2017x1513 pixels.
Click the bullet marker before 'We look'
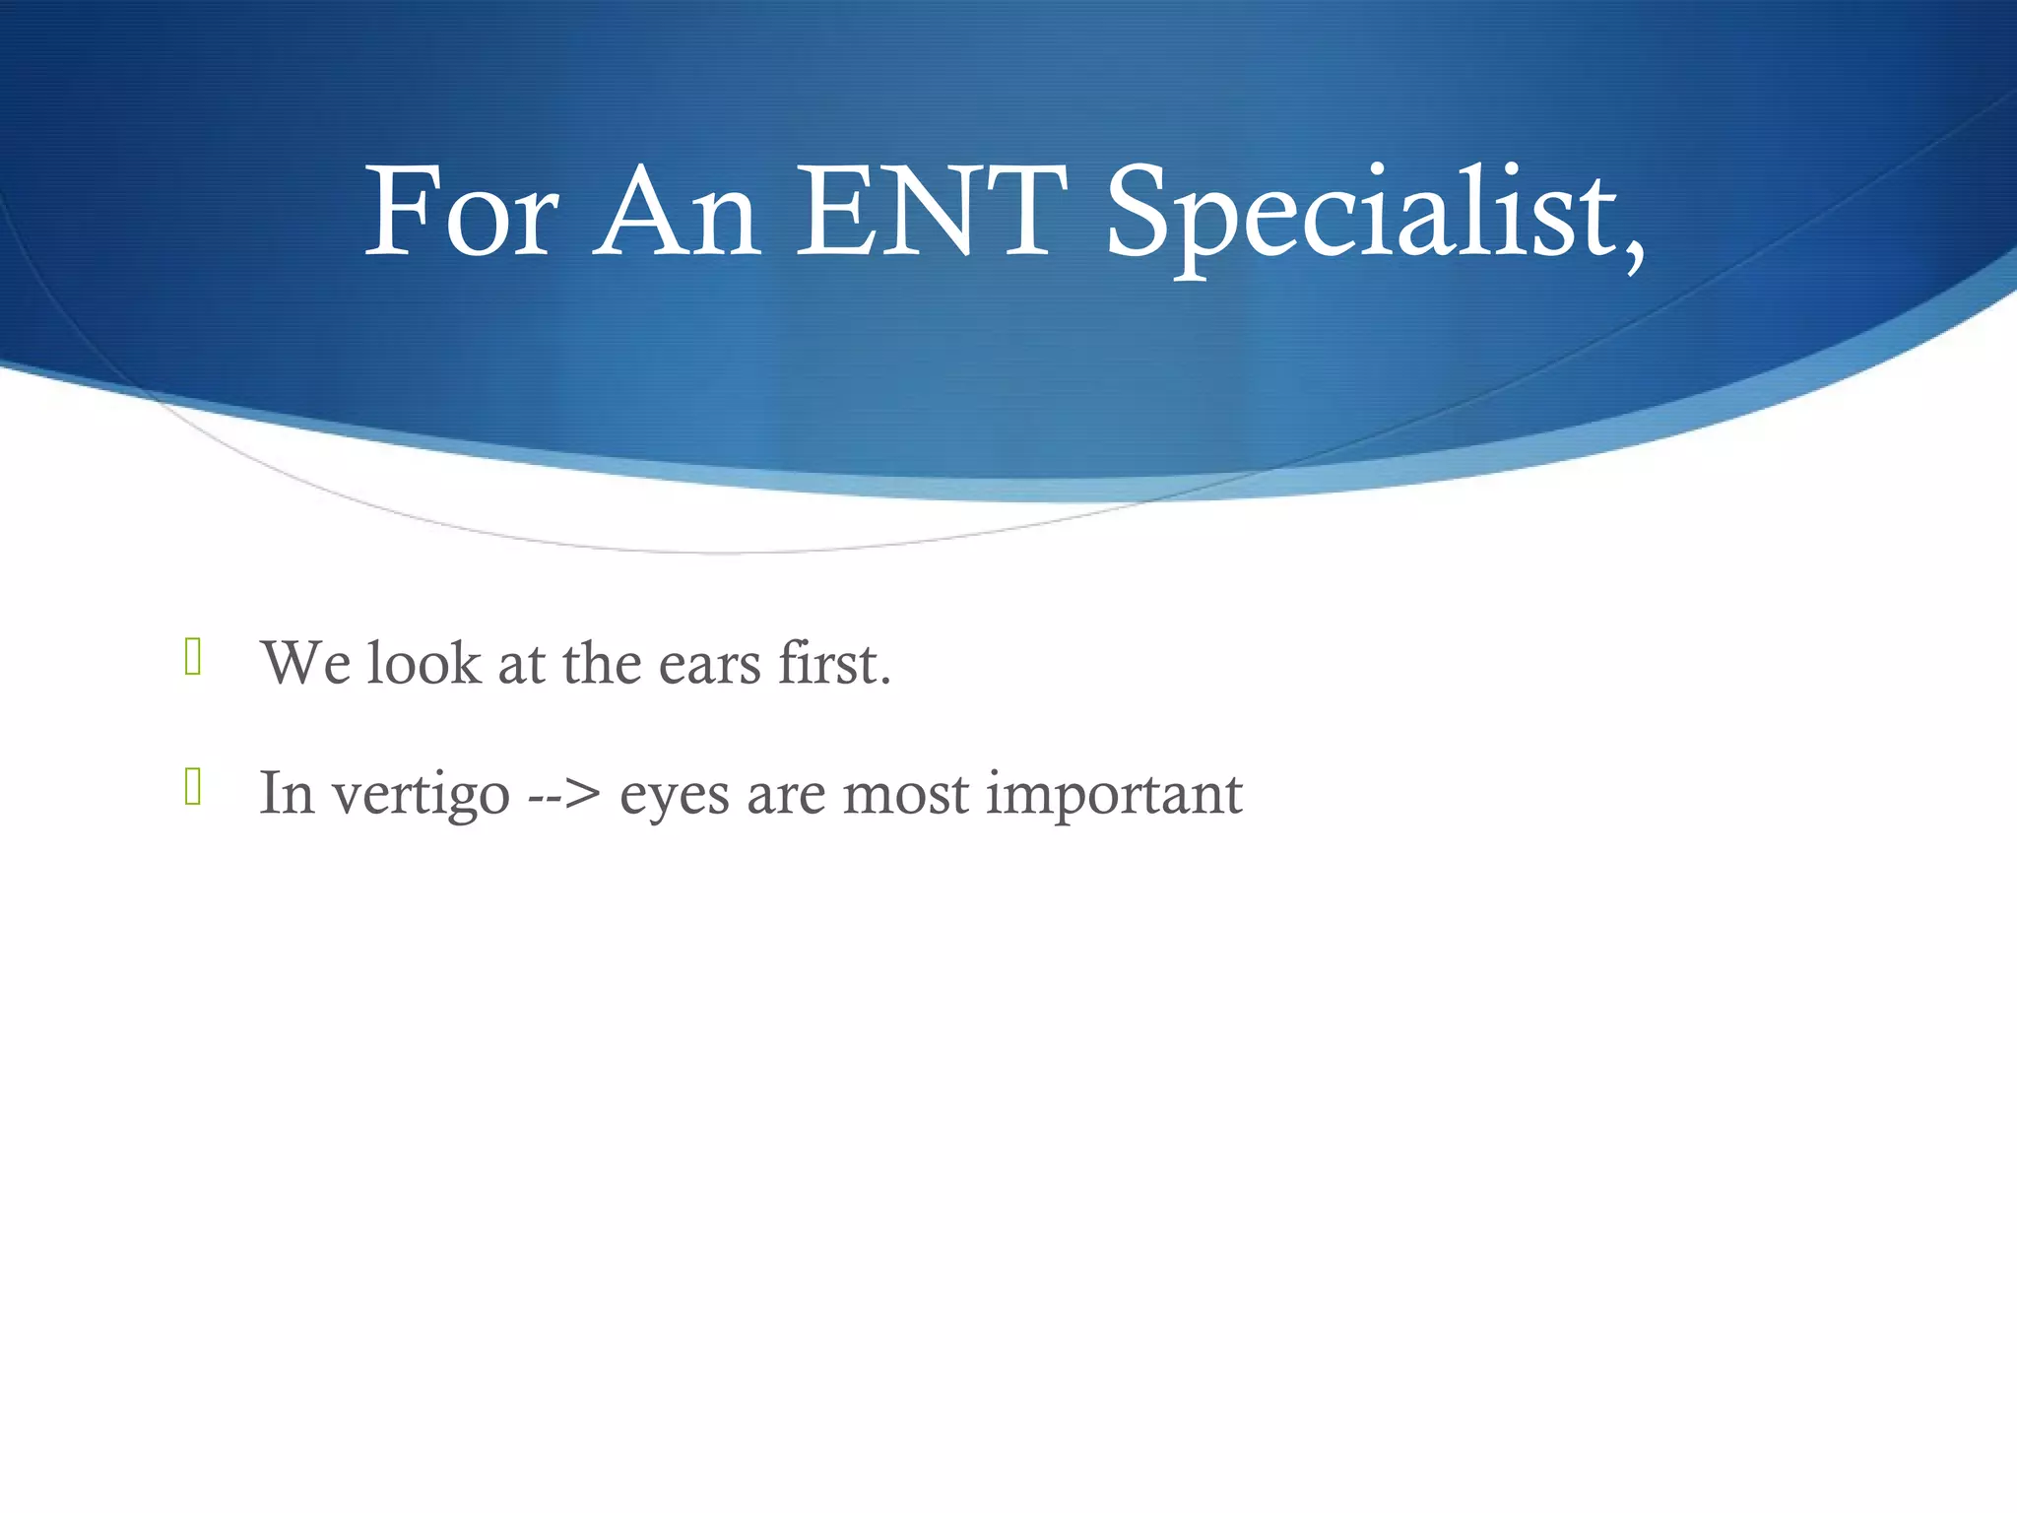click(x=193, y=657)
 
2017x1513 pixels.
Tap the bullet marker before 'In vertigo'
click(x=193, y=787)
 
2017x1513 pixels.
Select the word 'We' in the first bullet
click(x=306, y=663)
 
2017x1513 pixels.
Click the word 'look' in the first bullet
click(x=423, y=663)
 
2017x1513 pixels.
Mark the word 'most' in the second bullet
click(x=906, y=794)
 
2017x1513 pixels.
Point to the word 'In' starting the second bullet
click(x=287, y=793)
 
